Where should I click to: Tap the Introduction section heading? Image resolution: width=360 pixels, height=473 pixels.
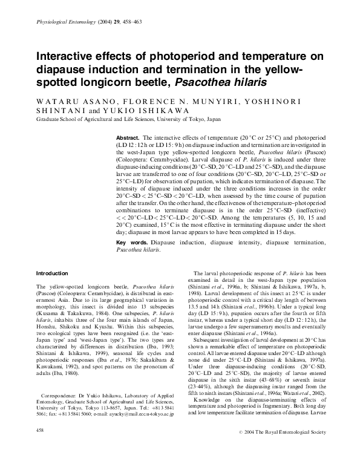[x=53, y=273]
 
